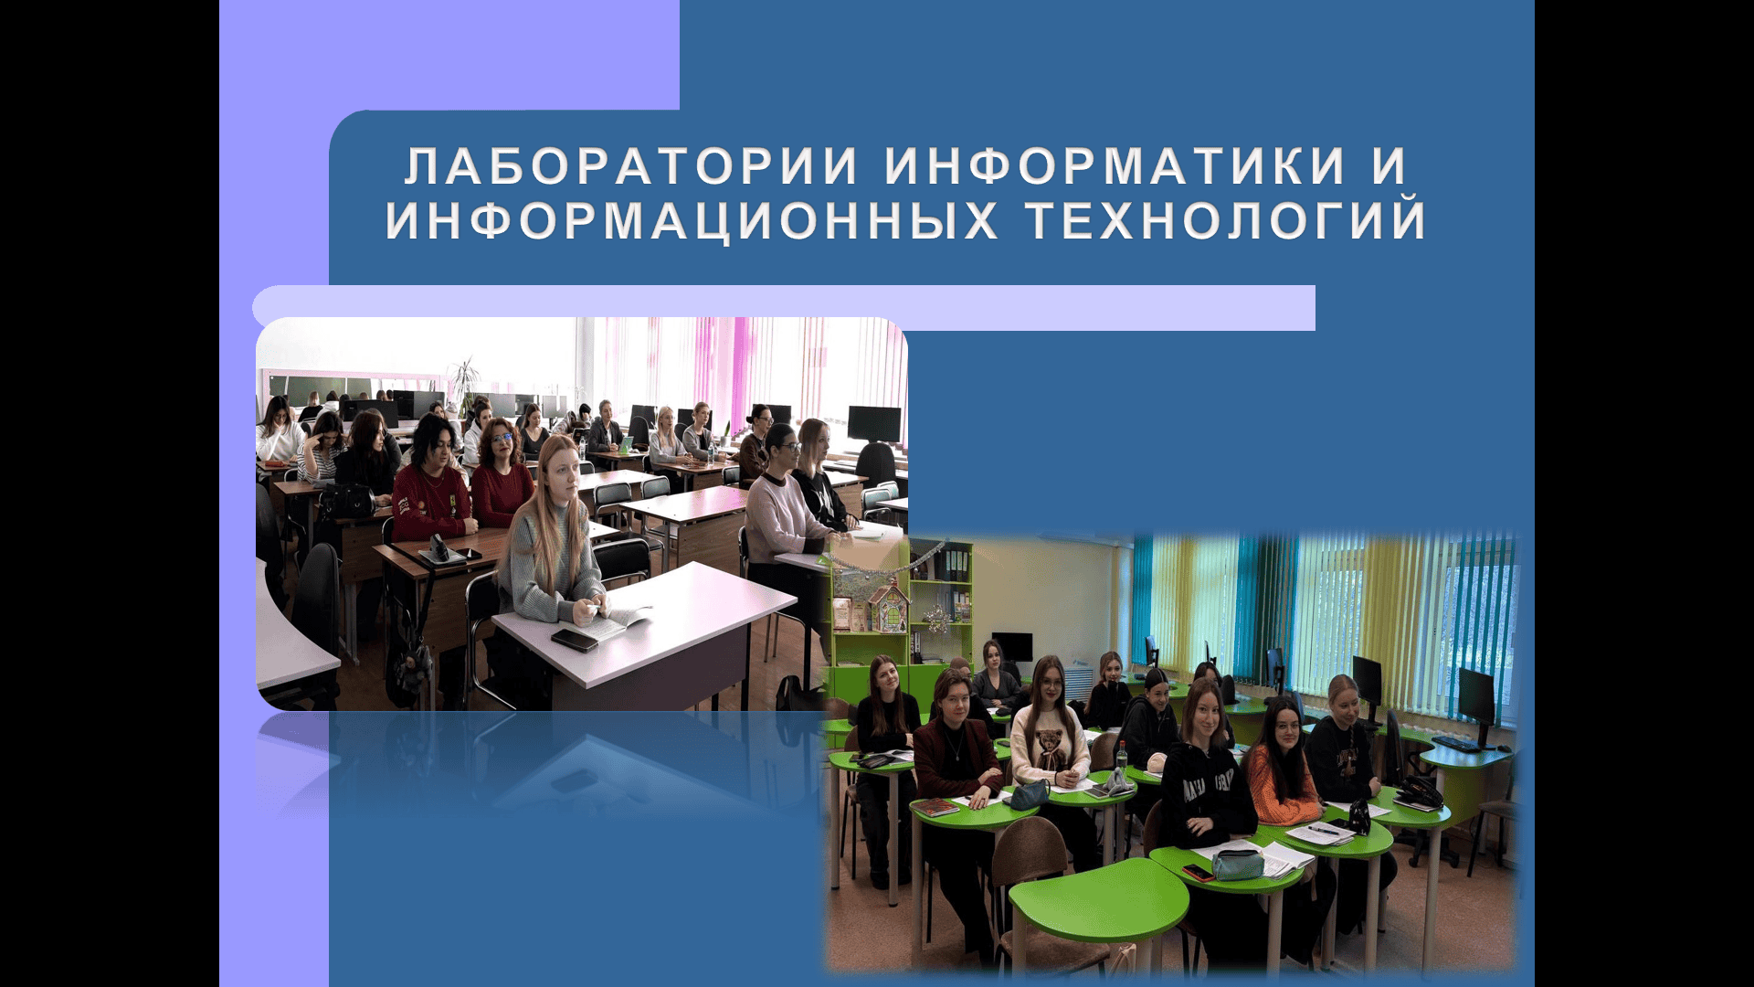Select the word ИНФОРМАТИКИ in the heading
(x=1115, y=166)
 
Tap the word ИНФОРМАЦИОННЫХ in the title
(x=692, y=220)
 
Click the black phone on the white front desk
(x=575, y=640)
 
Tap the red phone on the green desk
(x=1198, y=872)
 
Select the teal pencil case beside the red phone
(x=1238, y=864)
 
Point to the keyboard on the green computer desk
(x=1461, y=743)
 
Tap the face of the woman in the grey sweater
(x=561, y=472)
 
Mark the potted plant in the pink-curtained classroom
(x=464, y=384)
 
